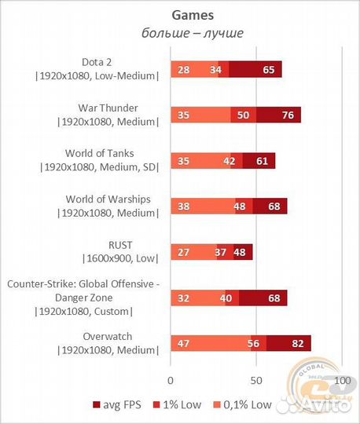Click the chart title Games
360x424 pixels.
pos(193,16)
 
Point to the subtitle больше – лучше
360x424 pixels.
pos(193,33)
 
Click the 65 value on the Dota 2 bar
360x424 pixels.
pos(269,70)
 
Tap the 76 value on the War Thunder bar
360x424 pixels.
pos(288,115)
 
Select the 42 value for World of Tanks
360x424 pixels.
pos(230,161)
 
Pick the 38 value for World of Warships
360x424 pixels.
pos(183,207)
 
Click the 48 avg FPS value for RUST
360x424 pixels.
pos(240,252)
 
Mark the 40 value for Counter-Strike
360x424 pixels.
pos(226,298)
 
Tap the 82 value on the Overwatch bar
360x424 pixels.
pos(298,343)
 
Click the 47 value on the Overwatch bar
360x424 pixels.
pos(183,343)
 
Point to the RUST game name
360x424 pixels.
pos(120,245)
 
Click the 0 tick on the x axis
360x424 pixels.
pos(171,381)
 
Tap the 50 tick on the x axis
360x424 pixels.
pos(256,381)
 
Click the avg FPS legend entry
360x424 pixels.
pos(117,405)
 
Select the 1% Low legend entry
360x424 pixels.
pos(178,405)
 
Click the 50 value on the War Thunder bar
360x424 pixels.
pos(243,115)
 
